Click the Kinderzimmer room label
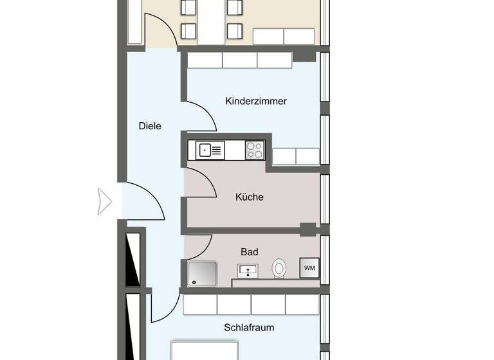(x=256, y=101)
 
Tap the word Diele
(x=150, y=126)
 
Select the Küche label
(x=250, y=197)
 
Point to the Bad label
(x=250, y=252)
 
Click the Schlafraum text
(x=249, y=327)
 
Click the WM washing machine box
(x=309, y=267)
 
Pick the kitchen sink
(x=210, y=150)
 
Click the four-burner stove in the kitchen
(x=255, y=150)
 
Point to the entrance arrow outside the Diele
(x=105, y=201)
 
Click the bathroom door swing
(x=199, y=245)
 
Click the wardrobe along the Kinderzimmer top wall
(x=240, y=60)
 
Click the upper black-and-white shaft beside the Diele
(x=133, y=259)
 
